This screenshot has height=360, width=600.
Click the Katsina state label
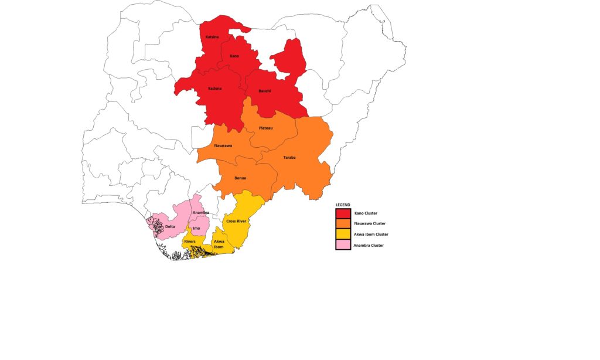click(212, 38)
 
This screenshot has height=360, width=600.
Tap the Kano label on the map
click(234, 56)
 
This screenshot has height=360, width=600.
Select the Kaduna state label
click(214, 89)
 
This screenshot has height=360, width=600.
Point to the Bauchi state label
click(265, 91)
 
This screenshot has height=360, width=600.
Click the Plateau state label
click(265, 128)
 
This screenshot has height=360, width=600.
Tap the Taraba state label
click(289, 158)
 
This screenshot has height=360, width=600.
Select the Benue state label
click(240, 178)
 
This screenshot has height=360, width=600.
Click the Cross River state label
click(236, 222)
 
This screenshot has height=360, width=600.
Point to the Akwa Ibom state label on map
click(219, 244)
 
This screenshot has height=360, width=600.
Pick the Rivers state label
click(190, 241)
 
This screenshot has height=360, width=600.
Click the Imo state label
click(197, 228)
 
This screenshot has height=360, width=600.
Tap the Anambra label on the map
click(201, 212)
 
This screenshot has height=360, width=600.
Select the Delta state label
click(170, 226)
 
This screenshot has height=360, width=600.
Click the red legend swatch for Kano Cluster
click(343, 213)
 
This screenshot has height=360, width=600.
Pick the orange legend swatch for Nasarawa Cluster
click(343, 223)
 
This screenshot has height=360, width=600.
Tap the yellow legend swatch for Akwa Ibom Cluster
click(343, 234)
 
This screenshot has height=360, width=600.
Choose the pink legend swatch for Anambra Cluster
click(343, 245)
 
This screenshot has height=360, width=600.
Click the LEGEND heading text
click(343, 205)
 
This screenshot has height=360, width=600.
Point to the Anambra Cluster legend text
click(369, 246)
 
